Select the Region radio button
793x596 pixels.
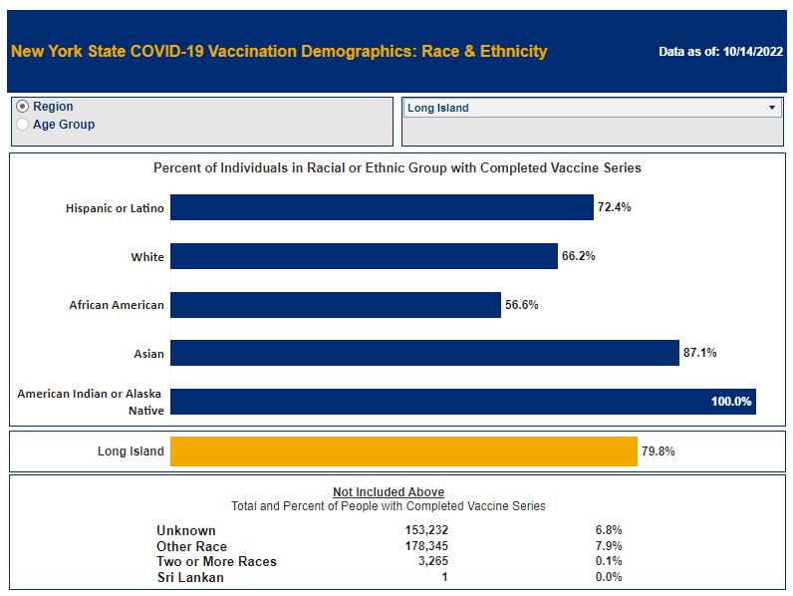(23, 108)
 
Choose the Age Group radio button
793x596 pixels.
(23, 126)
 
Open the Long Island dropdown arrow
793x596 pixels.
(772, 108)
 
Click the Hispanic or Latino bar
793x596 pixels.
(382, 208)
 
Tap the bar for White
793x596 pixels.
(364, 257)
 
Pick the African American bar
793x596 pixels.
(335, 305)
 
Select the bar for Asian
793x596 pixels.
(424, 353)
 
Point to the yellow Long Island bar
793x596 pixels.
(403, 451)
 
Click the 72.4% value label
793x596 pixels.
(615, 208)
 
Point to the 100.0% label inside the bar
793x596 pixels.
(730, 402)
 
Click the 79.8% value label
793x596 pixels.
(659, 451)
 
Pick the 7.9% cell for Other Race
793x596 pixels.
(608, 546)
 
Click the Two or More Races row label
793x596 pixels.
(216, 562)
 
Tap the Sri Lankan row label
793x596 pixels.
(190, 577)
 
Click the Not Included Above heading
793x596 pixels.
(389, 492)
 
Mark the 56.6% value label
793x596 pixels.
(522, 305)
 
